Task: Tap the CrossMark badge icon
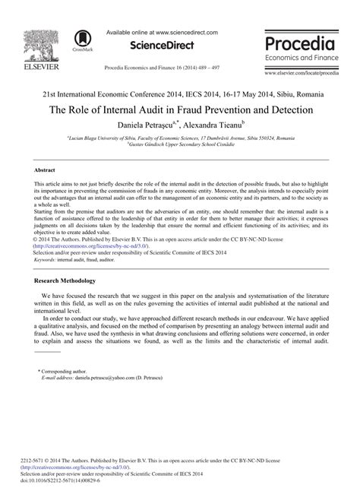(81, 41)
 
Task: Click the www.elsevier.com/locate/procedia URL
(302, 74)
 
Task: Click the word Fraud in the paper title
(209, 108)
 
